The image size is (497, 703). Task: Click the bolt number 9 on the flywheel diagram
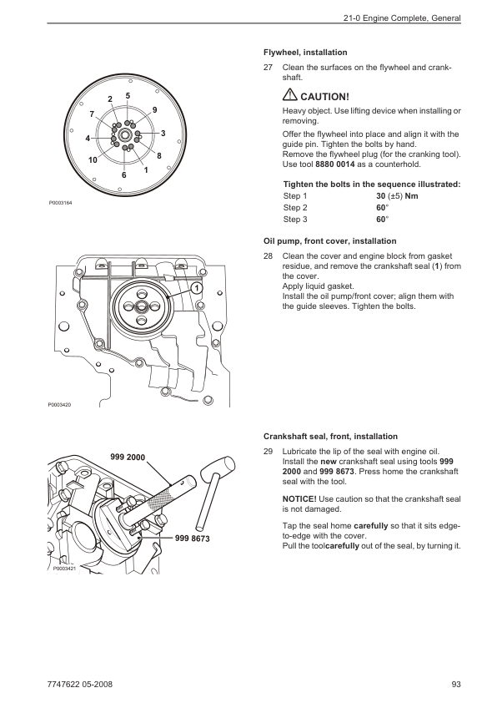tap(155, 110)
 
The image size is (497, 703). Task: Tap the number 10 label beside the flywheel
tap(93, 160)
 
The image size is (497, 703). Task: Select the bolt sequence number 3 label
tap(163, 133)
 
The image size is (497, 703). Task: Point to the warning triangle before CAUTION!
tap(289, 95)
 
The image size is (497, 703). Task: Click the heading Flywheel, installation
tap(305, 53)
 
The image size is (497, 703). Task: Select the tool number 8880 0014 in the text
tap(335, 164)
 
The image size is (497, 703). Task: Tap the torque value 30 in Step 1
tap(380, 196)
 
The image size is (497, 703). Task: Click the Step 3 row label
tap(295, 220)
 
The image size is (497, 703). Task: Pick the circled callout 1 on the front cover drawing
tap(196, 288)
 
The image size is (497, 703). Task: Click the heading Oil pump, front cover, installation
tap(330, 241)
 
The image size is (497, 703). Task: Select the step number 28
tap(268, 256)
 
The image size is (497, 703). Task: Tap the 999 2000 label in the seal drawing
tap(128, 458)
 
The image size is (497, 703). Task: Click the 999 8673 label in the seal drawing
tap(192, 539)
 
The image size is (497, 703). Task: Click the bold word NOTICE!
tap(299, 499)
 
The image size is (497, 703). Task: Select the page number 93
tap(456, 684)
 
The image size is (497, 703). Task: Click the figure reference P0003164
tap(60, 203)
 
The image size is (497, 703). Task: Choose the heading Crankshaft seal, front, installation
tap(330, 437)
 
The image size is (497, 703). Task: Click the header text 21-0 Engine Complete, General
tap(402, 18)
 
